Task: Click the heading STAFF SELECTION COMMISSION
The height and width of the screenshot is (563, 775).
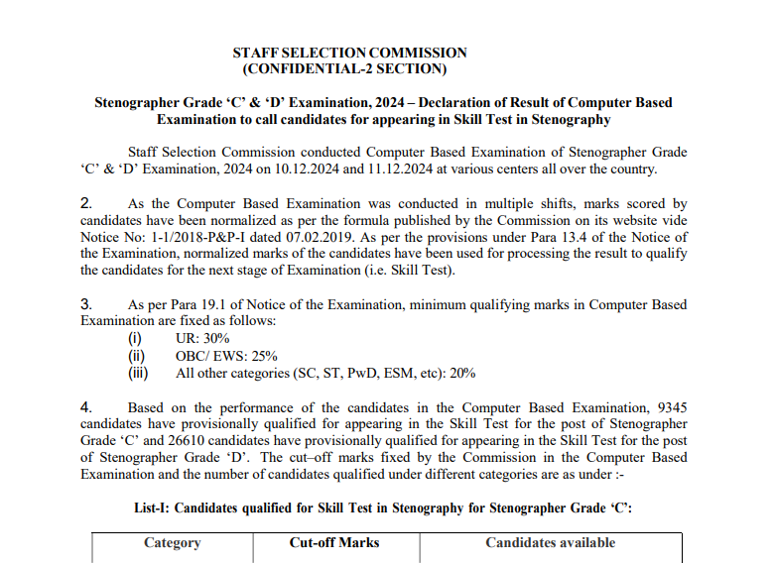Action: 349,53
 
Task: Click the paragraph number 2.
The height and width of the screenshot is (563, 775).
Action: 86,204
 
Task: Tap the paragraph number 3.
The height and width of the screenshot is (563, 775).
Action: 86,304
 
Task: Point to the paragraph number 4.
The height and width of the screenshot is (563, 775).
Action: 86,407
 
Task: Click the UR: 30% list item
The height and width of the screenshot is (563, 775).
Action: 202,339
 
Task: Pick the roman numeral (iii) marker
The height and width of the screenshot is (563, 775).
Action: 137,374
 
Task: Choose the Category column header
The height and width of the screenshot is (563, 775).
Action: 172,543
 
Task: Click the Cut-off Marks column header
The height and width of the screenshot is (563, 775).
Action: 334,543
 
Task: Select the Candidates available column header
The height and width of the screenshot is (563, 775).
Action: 550,543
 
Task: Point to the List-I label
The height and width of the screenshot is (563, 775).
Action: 154,508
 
